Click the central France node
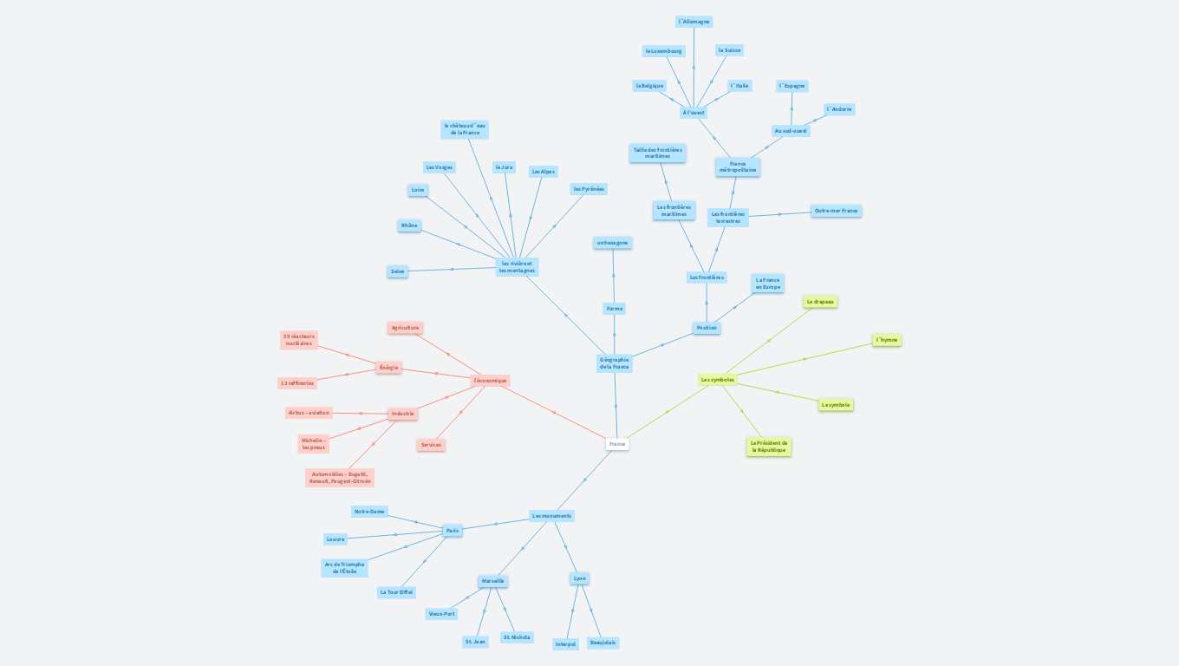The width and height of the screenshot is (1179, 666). point(617,444)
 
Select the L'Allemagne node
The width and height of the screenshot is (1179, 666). point(694,22)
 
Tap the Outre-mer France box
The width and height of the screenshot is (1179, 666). point(836,211)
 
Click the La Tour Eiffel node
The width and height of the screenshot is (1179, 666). point(396,592)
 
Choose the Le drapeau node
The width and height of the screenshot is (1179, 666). point(820,302)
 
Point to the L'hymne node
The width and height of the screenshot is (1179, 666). point(886,340)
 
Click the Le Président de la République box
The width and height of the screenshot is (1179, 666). point(769,447)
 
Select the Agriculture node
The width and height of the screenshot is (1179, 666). point(405,328)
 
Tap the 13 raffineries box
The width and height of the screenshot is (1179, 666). point(296,383)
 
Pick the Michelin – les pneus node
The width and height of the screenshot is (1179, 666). point(314,444)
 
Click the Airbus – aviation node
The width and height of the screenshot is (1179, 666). point(309,413)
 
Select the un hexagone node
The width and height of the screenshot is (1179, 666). point(613,243)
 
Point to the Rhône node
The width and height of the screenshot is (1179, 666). point(409,225)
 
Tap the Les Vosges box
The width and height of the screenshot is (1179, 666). point(439,167)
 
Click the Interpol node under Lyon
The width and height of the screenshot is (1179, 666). point(565,644)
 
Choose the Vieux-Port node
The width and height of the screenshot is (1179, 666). point(441,614)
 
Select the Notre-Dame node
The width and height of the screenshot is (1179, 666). point(369,512)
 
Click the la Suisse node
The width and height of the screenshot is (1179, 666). point(729,50)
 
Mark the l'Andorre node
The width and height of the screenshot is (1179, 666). point(839,109)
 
